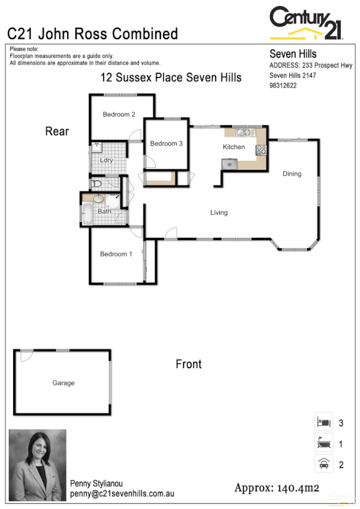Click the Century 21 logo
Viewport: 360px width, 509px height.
[306, 23]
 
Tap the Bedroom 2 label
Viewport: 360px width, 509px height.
[119, 114]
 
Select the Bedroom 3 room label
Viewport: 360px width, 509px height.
[166, 143]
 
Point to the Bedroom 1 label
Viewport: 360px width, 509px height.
[116, 254]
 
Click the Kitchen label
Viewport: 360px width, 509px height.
[234, 147]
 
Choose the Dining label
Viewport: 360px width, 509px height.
[292, 174]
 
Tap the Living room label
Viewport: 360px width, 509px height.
[219, 212]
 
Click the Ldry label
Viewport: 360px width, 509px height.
[107, 160]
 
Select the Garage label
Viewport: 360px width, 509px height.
[63, 383]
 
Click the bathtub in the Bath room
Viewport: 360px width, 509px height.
[87, 214]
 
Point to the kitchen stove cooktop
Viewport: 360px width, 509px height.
[261, 150]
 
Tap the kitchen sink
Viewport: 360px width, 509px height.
[244, 132]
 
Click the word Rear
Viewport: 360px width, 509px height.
[58, 131]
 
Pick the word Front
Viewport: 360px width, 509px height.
[189, 364]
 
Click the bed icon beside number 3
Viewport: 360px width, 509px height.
[323, 422]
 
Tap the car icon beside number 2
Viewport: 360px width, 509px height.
[323, 463]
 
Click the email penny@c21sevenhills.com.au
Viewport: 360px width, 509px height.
[122, 493]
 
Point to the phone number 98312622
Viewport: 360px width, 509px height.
[283, 86]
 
